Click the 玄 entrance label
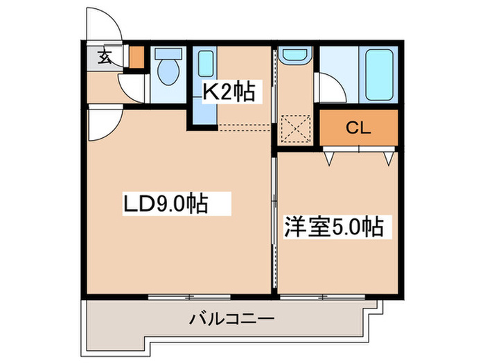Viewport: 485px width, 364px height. pos(104,58)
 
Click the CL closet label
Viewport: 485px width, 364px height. pos(358,128)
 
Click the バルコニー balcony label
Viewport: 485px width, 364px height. pos(232,320)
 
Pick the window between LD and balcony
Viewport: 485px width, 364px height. pos(188,297)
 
